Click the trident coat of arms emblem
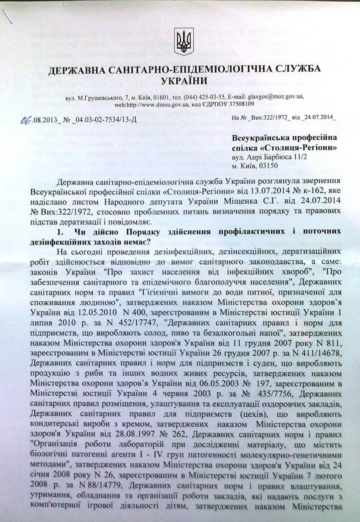click(181, 40)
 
